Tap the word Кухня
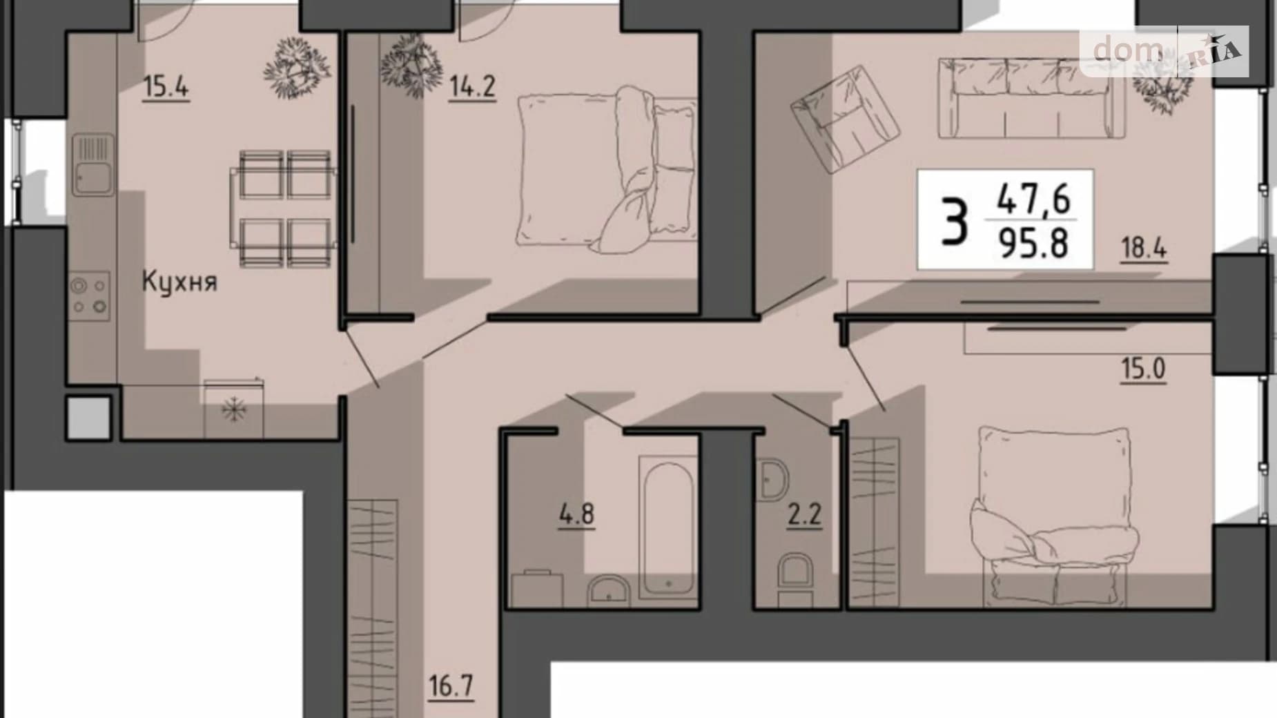(179, 281)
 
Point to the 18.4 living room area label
(1143, 248)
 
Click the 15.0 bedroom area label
(1143, 369)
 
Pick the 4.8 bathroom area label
(576, 515)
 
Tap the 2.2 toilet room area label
(804, 515)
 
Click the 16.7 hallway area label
(451, 688)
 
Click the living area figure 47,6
(1033, 199)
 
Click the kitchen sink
(92, 165)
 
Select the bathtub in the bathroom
(667, 527)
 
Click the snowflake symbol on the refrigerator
(234, 410)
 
